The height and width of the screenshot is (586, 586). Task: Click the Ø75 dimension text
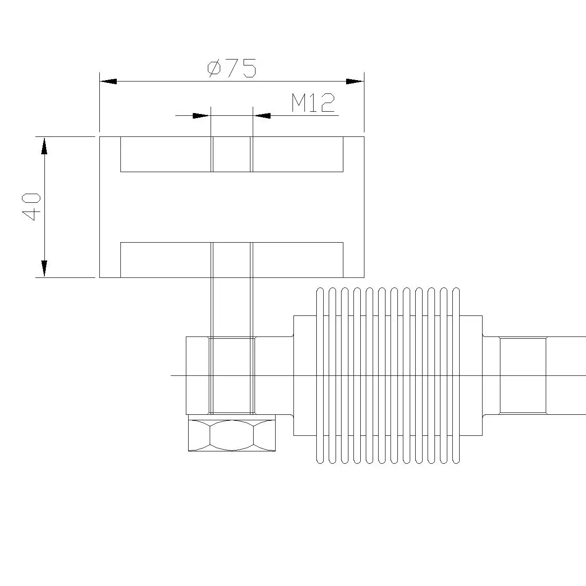[x=232, y=68]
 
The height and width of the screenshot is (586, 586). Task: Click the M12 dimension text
[x=314, y=103]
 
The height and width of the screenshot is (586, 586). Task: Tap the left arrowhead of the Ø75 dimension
[x=108, y=81]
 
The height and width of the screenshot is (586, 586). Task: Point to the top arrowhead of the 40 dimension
[x=44, y=146]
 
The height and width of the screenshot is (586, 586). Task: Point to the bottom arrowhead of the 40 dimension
[x=44, y=269]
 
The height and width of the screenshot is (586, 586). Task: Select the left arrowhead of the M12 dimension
[x=201, y=116]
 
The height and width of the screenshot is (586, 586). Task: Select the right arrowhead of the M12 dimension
[x=262, y=116]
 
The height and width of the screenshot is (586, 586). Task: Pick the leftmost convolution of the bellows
[x=320, y=375]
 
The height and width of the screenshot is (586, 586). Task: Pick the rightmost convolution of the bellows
[x=456, y=375]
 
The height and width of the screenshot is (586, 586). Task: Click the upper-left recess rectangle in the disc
[x=165, y=154]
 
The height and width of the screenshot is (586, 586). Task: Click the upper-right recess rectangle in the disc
[x=298, y=154]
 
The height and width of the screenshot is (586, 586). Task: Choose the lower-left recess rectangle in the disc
[x=165, y=260]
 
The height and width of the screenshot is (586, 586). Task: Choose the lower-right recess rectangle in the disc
[x=298, y=260]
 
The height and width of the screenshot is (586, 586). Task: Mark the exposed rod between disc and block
[x=232, y=307]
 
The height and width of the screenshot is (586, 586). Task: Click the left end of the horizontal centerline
[x=173, y=375]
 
